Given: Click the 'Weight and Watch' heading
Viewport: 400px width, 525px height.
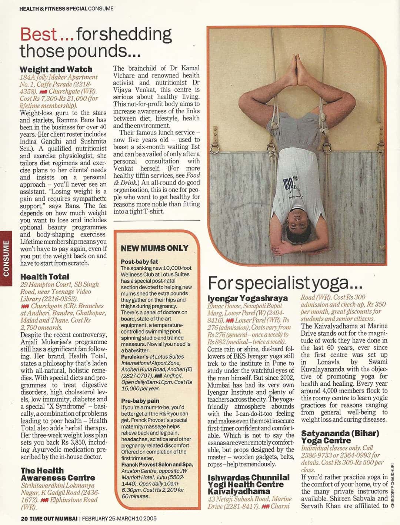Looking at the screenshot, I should (56, 69).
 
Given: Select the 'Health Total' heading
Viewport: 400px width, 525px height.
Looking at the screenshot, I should (45, 277).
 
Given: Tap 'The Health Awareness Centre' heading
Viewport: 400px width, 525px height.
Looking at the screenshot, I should (58, 474).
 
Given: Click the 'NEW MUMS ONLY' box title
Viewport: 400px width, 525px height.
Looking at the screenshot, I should (154, 248).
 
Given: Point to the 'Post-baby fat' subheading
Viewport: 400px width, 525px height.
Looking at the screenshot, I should (140, 262).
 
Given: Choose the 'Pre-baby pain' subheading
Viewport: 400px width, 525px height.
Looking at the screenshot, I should (140, 401).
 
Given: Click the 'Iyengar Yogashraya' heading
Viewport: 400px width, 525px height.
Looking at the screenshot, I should (248, 298).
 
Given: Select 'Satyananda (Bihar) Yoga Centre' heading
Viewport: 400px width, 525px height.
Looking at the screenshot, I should (340, 437).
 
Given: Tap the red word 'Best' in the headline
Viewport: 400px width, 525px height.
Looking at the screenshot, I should (39, 34).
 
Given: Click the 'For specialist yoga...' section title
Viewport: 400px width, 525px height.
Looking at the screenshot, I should (285, 283).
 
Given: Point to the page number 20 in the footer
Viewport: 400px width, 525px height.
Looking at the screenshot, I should (24, 518).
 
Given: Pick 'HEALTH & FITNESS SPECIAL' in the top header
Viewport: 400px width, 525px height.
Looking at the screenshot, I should (53, 8).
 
